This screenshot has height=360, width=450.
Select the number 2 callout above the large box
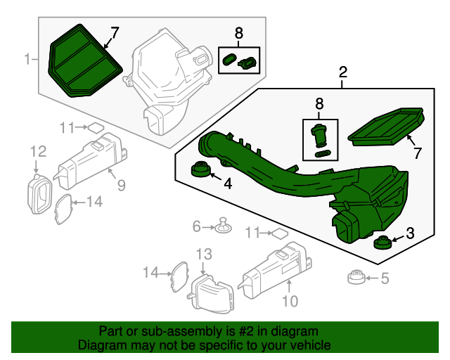(343, 72)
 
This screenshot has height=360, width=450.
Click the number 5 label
(384, 278)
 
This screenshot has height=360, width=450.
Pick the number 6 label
(198, 226)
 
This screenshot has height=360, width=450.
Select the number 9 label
(121, 186)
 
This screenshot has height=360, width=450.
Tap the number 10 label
(290, 301)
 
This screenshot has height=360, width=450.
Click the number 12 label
(37, 150)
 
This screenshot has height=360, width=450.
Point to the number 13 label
(203, 254)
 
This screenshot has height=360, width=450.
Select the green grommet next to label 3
(382, 243)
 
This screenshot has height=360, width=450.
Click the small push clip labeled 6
(224, 226)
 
